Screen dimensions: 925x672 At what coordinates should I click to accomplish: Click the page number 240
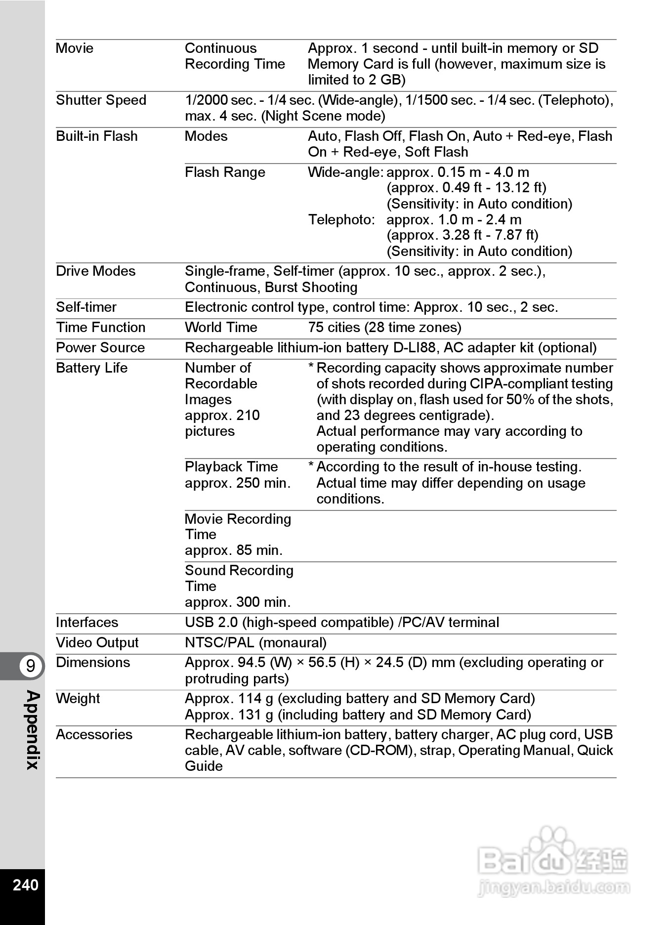25,884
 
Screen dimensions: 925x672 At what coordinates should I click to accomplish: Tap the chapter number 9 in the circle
31,666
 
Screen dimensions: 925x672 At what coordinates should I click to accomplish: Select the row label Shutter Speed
101,100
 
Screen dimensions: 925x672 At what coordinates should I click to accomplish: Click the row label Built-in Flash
96,136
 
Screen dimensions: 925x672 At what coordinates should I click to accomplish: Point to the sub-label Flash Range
225,172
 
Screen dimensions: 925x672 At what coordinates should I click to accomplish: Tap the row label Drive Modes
95,271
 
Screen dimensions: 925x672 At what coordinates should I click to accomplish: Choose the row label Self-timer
86,307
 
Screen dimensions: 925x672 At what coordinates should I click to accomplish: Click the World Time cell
221,328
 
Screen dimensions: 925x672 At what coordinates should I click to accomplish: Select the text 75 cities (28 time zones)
384,328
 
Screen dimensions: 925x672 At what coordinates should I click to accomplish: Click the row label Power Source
100,348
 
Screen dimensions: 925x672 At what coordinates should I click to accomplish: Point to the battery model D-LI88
414,348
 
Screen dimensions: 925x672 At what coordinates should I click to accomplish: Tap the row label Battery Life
91,368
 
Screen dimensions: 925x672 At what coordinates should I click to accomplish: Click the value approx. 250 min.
238,483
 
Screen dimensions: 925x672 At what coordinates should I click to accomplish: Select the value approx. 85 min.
234,550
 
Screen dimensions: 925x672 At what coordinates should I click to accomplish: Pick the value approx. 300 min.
238,602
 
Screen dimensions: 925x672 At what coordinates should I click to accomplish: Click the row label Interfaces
87,623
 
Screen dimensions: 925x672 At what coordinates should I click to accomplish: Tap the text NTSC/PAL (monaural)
255,643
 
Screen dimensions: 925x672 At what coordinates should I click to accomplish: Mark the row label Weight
78,699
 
